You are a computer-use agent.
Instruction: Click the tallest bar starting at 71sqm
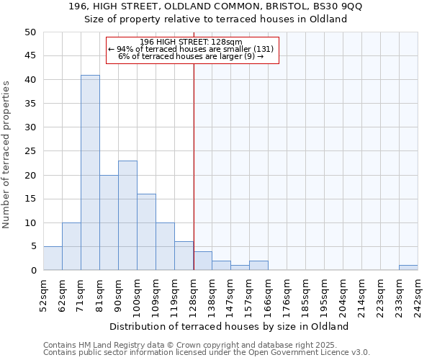(x=90, y=173)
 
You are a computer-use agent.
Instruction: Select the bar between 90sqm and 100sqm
(x=127, y=215)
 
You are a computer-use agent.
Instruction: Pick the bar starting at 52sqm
(x=53, y=258)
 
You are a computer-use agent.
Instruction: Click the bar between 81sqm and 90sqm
(x=109, y=222)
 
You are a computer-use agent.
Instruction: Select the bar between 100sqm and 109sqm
(x=146, y=232)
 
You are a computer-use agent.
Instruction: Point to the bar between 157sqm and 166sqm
(x=258, y=266)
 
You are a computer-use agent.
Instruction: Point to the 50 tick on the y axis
(x=30, y=32)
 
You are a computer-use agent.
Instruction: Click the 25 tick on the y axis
(x=30, y=151)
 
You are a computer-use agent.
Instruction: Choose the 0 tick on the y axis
(x=33, y=271)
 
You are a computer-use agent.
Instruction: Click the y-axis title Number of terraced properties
(x=6, y=154)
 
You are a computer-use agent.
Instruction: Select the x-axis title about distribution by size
(x=230, y=326)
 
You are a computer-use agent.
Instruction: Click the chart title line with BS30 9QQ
(x=215, y=7)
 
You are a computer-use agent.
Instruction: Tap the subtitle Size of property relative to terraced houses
(x=215, y=19)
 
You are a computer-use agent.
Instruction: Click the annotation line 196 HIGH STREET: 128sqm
(x=191, y=42)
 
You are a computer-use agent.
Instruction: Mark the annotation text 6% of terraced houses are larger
(x=191, y=56)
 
